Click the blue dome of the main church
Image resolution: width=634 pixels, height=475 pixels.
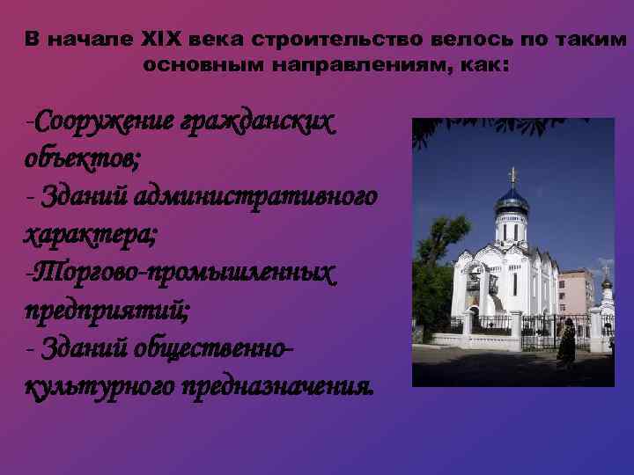coord(512,201)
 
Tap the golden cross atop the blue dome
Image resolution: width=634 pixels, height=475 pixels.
coord(512,175)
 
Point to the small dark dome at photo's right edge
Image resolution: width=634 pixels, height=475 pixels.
coord(606,283)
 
